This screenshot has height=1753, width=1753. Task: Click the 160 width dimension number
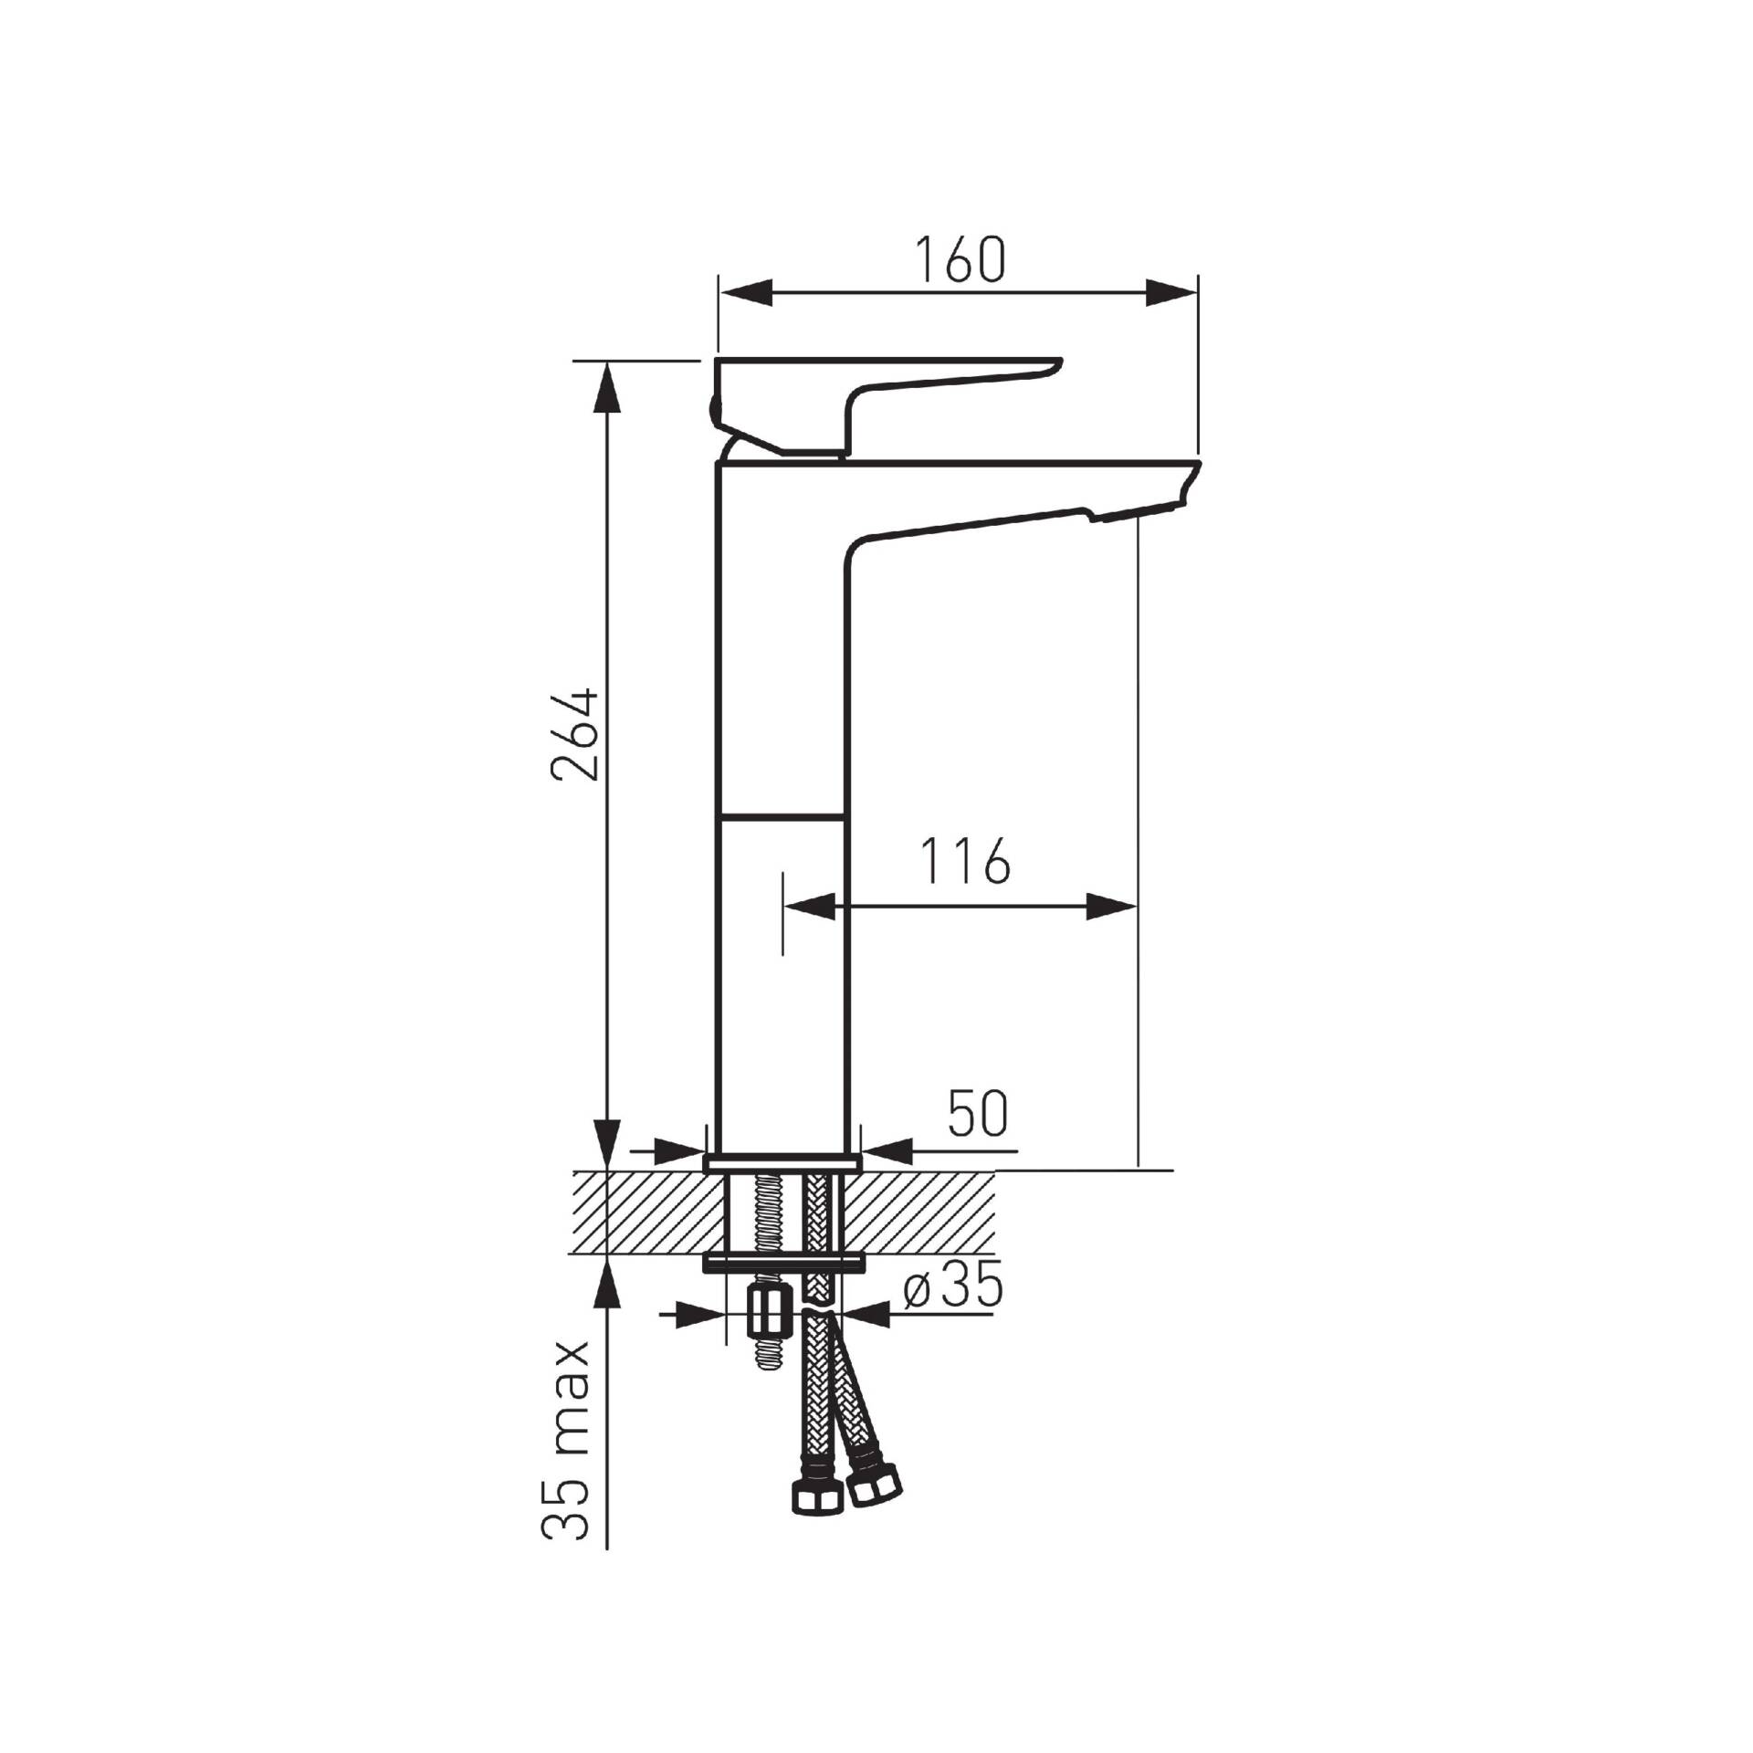[960, 258]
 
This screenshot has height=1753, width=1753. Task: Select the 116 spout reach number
[964, 860]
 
